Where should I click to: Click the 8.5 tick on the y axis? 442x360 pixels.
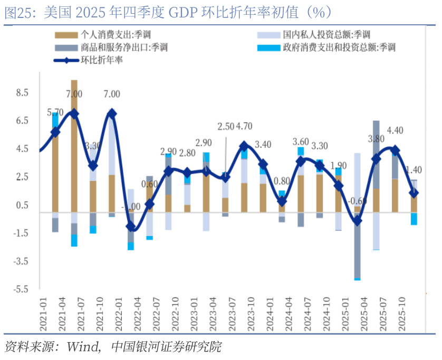(22, 93)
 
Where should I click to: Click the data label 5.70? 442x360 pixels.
(55, 112)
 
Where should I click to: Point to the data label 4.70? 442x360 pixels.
(244, 126)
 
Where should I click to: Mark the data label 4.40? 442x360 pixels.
(395, 130)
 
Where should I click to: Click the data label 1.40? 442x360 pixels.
(413, 169)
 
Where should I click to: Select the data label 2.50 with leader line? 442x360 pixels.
(225, 127)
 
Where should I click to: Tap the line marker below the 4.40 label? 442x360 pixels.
(395, 150)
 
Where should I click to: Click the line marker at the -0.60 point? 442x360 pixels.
(357, 221)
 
